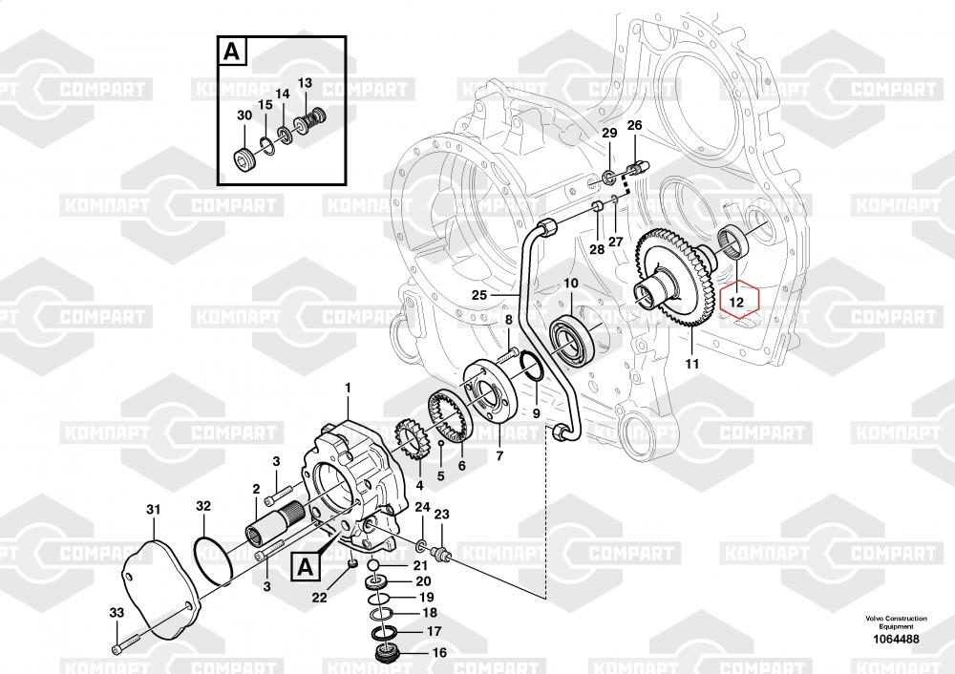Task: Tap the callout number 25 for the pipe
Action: [x=479, y=296]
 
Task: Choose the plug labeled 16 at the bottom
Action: [x=387, y=655]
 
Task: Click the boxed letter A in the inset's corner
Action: [x=230, y=52]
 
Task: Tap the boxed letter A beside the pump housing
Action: [x=305, y=566]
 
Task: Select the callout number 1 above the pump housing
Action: [x=348, y=389]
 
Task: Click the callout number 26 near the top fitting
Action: [x=634, y=126]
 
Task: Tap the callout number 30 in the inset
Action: [x=244, y=116]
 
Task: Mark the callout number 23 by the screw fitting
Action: [x=441, y=516]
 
